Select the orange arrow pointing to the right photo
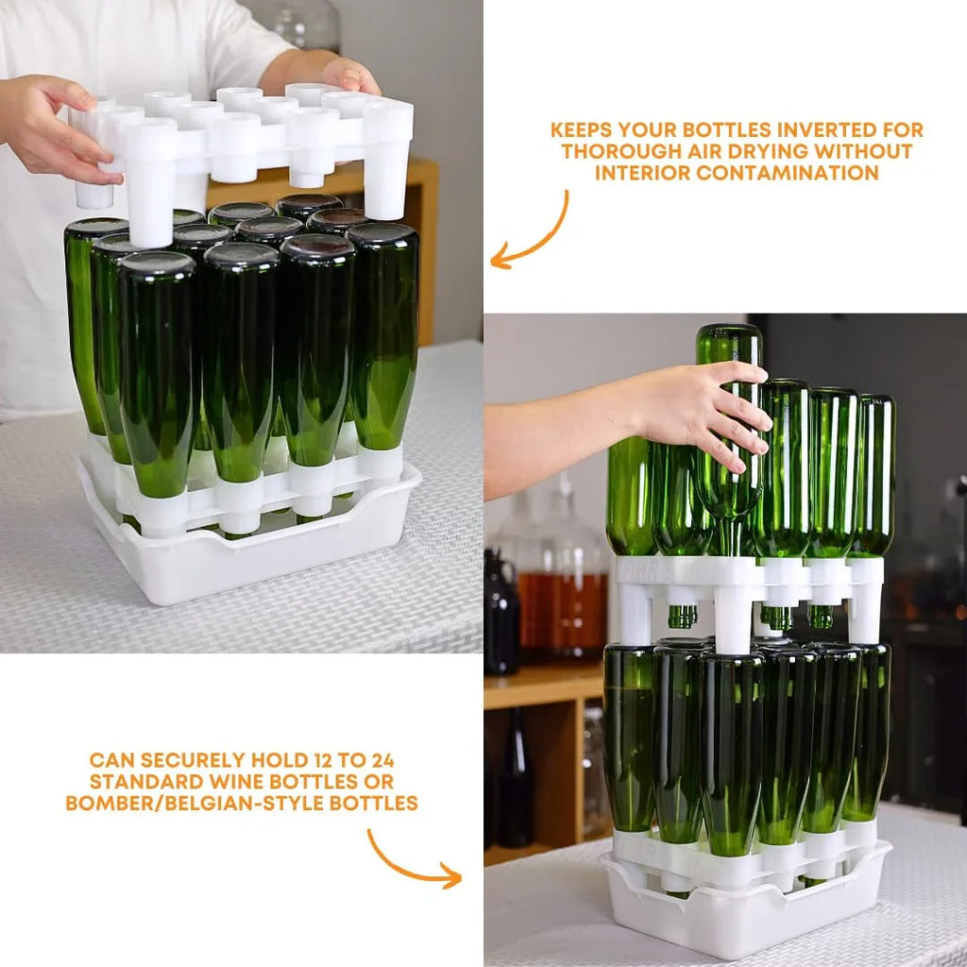[x=411, y=861]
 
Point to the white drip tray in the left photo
[x=246, y=567]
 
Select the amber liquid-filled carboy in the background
[x=562, y=604]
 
